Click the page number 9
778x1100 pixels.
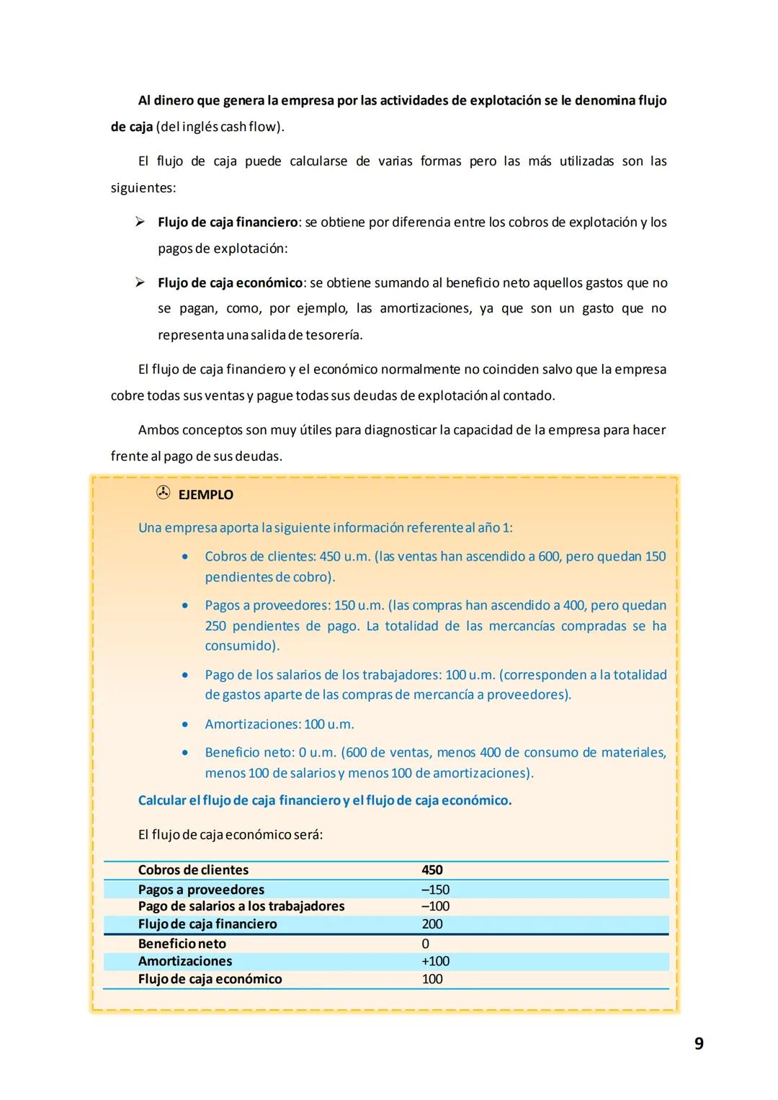point(698,1043)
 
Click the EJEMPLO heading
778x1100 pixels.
point(205,495)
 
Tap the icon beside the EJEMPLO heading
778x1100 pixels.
point(163,493)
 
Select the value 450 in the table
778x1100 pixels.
point(432,870)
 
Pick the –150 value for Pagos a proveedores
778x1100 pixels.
point(435,890)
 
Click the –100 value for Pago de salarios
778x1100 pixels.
point(435,906)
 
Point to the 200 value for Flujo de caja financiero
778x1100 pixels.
point(432,924)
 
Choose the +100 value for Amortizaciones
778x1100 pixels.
point(435,961)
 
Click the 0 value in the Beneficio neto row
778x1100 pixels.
point(425,944)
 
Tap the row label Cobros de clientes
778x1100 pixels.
point(193,870)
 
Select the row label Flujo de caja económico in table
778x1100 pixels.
point(210,979)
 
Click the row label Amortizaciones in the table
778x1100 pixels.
point(185,961)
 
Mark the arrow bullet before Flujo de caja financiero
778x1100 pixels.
point(140,222)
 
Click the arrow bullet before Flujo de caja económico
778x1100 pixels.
point(140,282)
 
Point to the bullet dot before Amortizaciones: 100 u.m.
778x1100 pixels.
point(185,725)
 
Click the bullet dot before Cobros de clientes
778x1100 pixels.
point(185,557)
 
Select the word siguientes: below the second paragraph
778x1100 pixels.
point(143,188)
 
